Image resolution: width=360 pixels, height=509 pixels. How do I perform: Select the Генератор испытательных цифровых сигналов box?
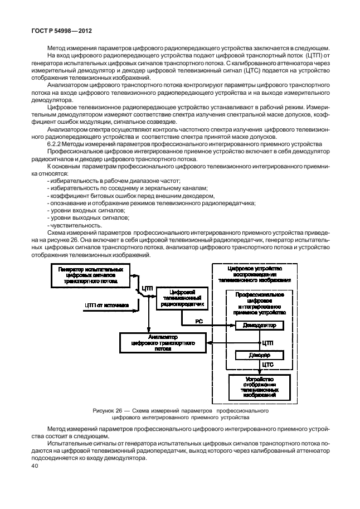91,275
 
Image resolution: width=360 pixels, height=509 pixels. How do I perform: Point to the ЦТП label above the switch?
147,288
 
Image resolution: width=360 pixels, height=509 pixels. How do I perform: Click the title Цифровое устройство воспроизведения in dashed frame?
258,274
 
